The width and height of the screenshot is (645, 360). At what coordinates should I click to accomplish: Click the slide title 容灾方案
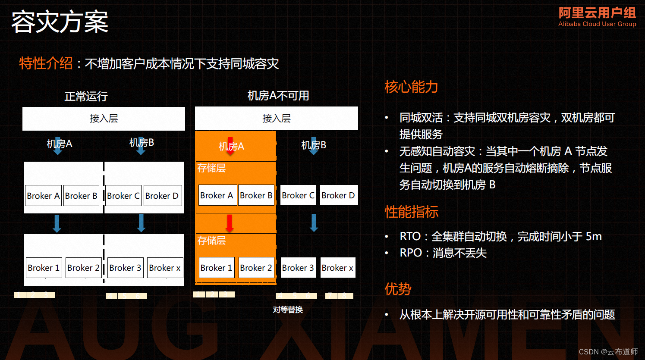[x=60, y=22]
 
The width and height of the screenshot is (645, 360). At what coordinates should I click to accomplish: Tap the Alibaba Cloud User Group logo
[x=597, y=17]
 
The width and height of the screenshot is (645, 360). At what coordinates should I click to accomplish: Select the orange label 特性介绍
[x=46, y=63]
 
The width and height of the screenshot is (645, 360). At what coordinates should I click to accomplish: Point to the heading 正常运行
[x=86, y=96]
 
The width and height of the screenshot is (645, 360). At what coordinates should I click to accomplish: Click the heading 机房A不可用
[x=278, y=96]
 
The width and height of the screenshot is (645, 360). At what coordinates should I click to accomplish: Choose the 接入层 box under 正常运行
[x=104, y=119]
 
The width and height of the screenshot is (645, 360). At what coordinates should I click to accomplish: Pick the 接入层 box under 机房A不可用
[x=276, y=119]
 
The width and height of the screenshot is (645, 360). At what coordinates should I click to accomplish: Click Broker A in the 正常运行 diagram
[x=43, y=196]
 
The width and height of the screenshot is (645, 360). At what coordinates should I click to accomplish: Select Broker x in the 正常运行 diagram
[x=165, y=268]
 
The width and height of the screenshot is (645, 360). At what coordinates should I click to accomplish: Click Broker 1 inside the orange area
[x=216, y=268]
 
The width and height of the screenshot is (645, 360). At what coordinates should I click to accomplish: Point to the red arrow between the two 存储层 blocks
[x=230, y=223]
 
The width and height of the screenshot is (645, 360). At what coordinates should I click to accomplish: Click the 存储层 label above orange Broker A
[x=211, y=168]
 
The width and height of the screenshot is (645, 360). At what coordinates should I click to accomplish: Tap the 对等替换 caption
[x=288, y=310]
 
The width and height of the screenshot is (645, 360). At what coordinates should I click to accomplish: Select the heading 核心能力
[x=411, y=87]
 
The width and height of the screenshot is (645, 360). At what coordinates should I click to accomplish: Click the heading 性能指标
[x=411, y=212]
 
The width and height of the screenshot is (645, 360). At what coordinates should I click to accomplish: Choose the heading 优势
[x=398, y=289]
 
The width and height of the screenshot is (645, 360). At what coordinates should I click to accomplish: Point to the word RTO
[x=410, y=236]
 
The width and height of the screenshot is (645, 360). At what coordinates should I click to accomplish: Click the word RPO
[x=410, y=253]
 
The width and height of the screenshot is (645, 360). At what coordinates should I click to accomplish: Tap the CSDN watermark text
[x=608, y=352]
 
